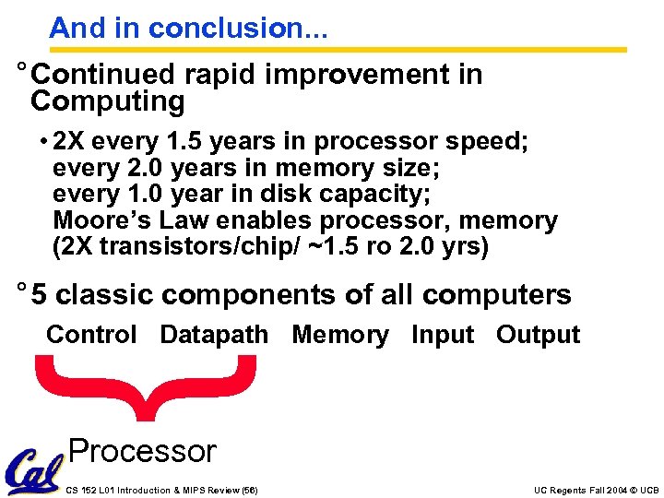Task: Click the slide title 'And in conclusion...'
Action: coord(188,28)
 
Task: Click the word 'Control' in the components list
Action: coord(91,335)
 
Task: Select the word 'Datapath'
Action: coord(214,335)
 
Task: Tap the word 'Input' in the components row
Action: coord(442,335)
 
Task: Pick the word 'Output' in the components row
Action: coord(538,335)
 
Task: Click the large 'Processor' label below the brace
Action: coord(142,451)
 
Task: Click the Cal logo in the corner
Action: coord(31,471)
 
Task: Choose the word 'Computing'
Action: coord(108,101)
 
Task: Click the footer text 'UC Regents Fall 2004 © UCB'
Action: coord(596,491)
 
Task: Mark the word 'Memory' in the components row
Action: coord(340,335)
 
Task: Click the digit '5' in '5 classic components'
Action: coord(38,295)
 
